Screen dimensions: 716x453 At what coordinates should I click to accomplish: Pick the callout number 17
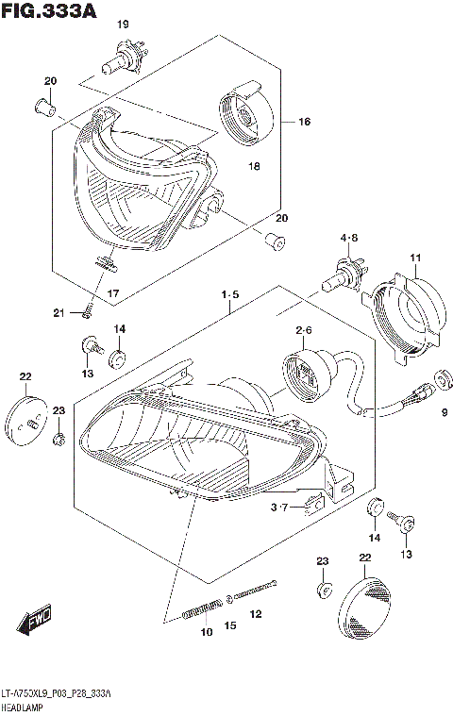(112, 294)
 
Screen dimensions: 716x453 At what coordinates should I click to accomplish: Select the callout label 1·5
(229, 295)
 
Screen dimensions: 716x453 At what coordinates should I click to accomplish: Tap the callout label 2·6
(303, 330)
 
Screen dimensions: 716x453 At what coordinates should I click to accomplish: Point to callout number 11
(414, 258)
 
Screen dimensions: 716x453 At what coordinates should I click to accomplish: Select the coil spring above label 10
(195, 611)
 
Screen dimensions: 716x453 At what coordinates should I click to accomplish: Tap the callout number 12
(255, 614)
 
